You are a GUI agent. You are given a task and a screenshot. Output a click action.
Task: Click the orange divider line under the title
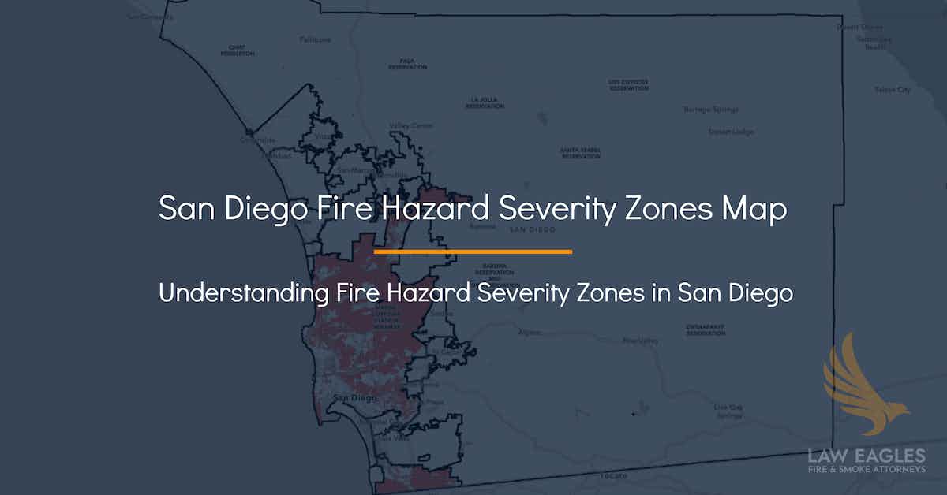[x=473, y=252]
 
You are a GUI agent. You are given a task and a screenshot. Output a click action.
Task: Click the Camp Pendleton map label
[x=237, y=50]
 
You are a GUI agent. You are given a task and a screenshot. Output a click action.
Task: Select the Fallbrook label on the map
[x=315, y=39]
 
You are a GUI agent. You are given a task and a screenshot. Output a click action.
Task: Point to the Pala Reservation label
[x=407, y=64]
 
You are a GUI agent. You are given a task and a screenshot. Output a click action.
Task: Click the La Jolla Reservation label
[x=484, y=102]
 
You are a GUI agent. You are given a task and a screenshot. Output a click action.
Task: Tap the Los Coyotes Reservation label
[x=628, y=84]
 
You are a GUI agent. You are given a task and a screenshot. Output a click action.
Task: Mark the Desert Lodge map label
[x=724, y=131]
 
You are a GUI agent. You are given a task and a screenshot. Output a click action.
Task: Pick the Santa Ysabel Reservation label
[x=580, y=153]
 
